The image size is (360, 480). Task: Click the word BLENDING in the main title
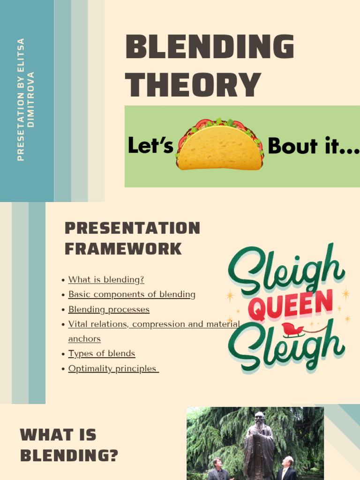click(x=210, y=47)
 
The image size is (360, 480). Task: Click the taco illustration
click(x=220, y=145)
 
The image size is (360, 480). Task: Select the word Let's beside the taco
click(x=150, y=146)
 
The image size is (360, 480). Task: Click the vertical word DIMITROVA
click(x=31, y=100)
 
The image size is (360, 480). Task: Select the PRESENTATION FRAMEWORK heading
click(x=132, y=238)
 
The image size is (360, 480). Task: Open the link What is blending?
click(x=106, y=280)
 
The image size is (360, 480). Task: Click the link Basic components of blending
click(x=132, y=294)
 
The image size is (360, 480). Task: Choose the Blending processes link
click(x=109, y=309)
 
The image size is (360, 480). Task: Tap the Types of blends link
click(x=101, y=353)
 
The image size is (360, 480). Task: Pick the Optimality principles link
click(x=113, y=368)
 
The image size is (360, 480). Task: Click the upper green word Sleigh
click(x=286, y=270)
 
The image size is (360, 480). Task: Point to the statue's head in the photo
click(x=259, y=419)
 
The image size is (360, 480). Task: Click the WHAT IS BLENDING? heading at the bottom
click(x=69, y=445)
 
